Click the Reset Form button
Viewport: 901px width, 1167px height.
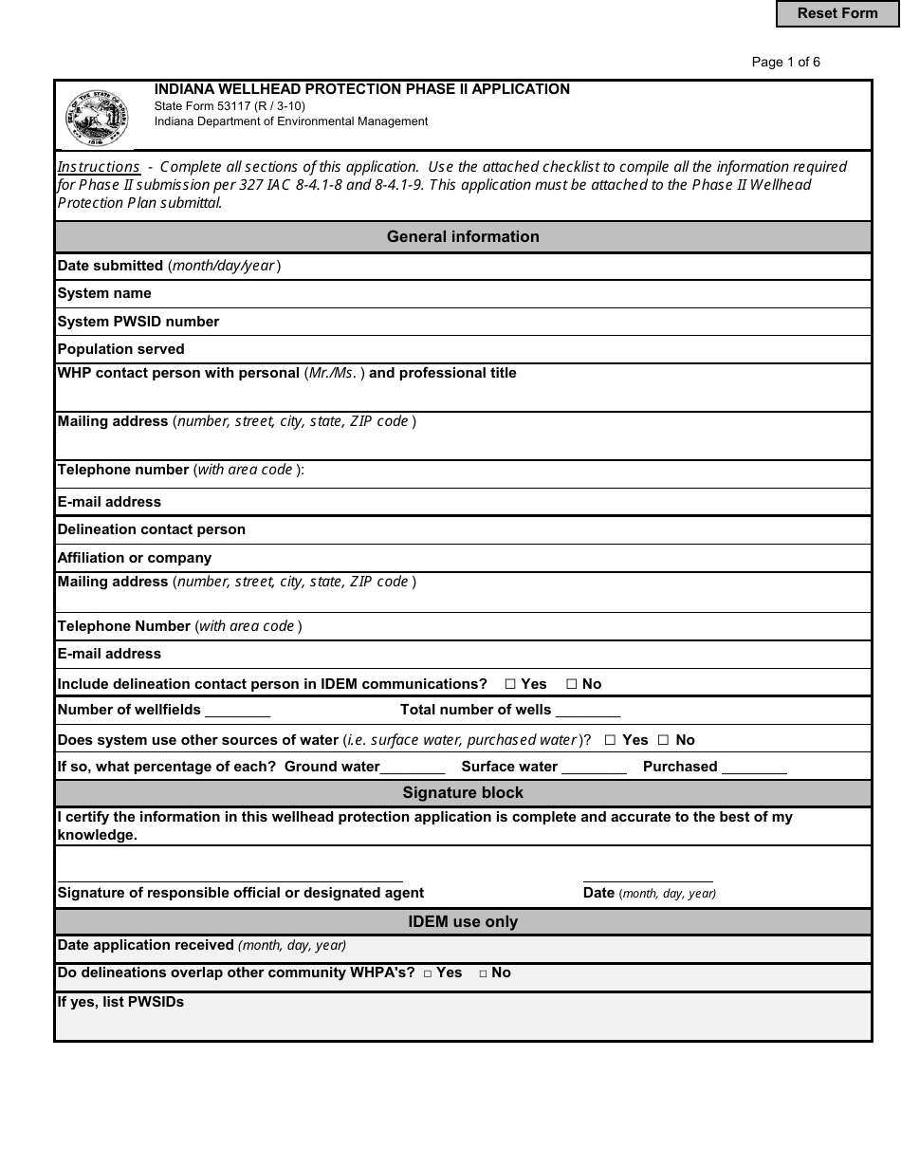837,13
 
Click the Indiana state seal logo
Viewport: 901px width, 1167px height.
96,119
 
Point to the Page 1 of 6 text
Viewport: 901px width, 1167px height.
785,63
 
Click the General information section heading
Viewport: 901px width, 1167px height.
463,237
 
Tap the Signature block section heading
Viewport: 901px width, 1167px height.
463,792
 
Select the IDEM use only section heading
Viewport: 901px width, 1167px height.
463,921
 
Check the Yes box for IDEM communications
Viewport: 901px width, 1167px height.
510,684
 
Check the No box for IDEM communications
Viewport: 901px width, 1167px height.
572,684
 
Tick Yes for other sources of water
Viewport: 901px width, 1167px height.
611,740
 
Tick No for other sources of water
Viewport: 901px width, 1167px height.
664,740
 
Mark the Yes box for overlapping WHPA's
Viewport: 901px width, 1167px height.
428,973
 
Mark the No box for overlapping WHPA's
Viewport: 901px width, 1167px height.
483,973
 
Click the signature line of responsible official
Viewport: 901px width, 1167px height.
230,877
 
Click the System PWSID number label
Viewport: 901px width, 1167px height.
138,322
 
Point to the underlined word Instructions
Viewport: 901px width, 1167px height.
99,167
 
